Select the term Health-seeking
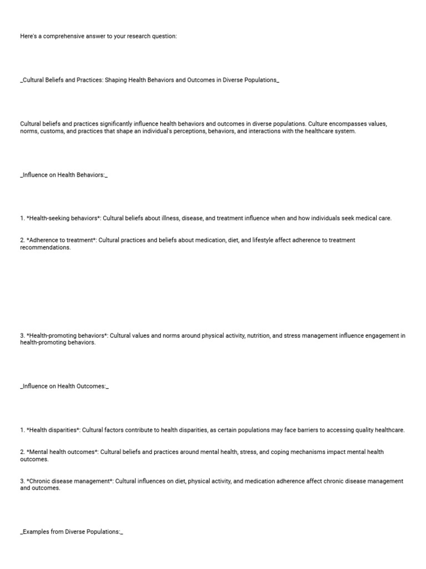[48, 218]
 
